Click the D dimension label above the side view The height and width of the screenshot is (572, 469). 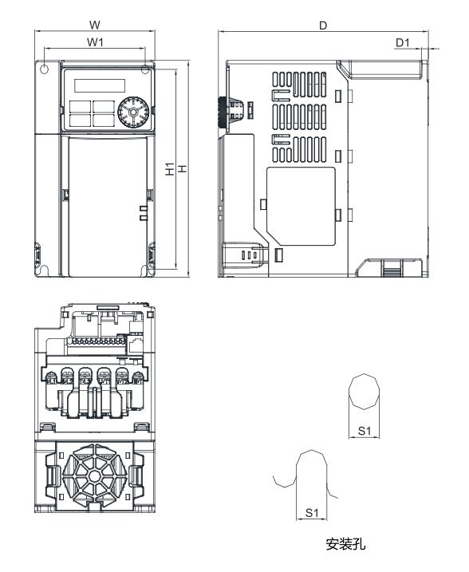[323, 26]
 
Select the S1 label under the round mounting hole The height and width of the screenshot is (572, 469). [365, 431]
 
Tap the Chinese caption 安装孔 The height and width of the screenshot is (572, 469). [345, 545]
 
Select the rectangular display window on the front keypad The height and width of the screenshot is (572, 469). [94, 85]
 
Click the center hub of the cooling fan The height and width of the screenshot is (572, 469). [94, 476]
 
